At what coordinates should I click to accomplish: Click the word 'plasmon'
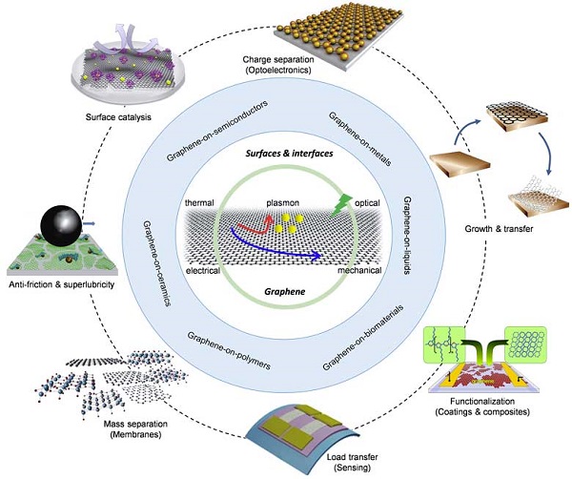pos(284,203)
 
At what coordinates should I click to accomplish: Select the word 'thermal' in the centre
pos(201,204)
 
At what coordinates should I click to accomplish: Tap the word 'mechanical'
pos(359,271)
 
